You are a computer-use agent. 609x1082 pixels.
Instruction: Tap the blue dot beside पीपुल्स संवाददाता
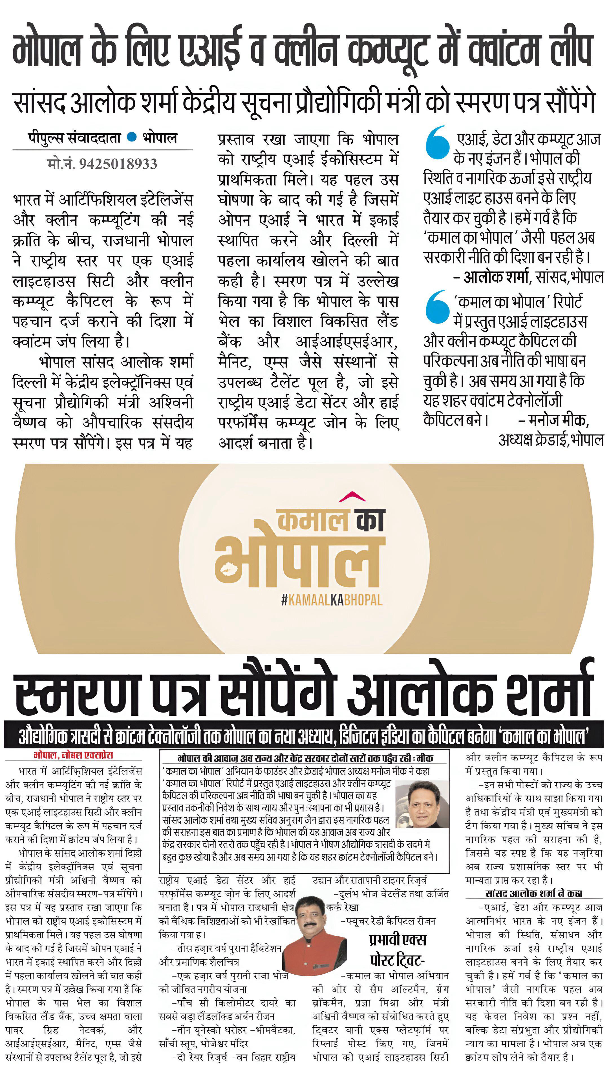(x=132, y=137)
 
